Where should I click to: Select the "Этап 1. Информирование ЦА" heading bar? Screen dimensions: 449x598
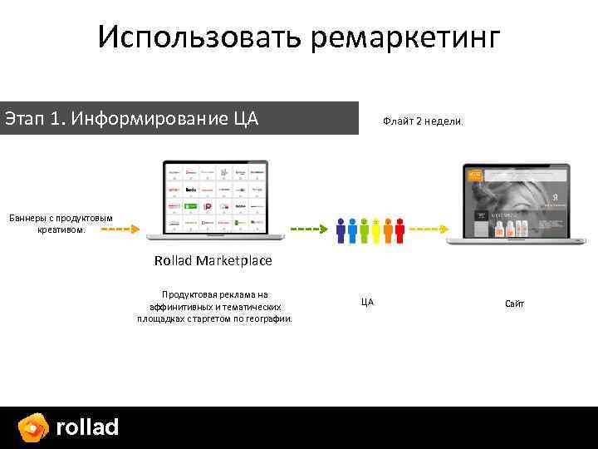[x=179, y=119]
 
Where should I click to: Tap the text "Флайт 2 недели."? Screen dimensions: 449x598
[x=423, y=121]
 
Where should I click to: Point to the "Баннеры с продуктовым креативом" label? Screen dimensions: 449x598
[x=61, y=223]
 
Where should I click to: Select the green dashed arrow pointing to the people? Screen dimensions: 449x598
[x=310, y=228]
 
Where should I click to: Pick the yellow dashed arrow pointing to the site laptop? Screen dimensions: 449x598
[x=425, y=228]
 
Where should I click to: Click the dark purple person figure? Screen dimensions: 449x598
[x=341, y=231]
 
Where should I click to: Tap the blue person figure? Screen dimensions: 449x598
[x=353, y=231]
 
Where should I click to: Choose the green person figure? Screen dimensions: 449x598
[x=365, y=231]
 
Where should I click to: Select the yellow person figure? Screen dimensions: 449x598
[x=376, y=231]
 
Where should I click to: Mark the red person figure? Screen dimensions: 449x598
[x=399, y=231]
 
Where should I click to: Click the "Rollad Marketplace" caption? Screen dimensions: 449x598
[x=213, y=260]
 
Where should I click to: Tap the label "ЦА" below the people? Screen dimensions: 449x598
[x=367, y=302]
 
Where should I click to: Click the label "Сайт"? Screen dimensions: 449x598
[x=515, y=304]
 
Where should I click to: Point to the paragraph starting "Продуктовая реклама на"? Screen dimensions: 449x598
[x=215, y=306]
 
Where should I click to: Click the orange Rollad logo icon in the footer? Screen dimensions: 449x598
[x=33, y=427]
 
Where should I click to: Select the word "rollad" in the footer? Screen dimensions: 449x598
[x=87, y=427]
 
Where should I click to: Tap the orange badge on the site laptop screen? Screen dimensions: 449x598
[x=475, y=175]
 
